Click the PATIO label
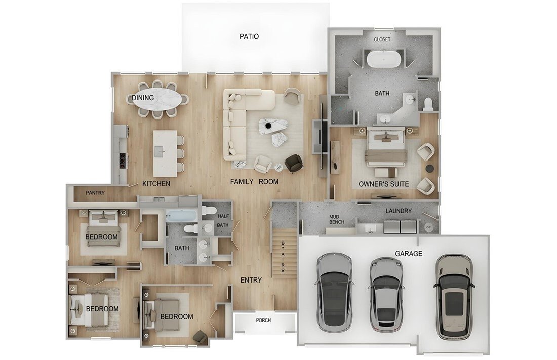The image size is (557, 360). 249,36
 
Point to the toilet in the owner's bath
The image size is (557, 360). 429,103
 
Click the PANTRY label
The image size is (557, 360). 95,193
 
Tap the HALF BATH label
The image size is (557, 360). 223,220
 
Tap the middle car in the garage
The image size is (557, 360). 386,294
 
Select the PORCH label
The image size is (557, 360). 263,320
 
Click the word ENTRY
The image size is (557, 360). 251,280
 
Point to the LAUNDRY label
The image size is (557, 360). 399,211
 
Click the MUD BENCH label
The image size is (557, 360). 337,219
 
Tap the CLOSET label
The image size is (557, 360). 382,39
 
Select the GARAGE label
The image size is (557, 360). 409,253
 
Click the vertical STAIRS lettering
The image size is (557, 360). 283,257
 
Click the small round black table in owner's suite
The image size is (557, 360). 430,168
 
